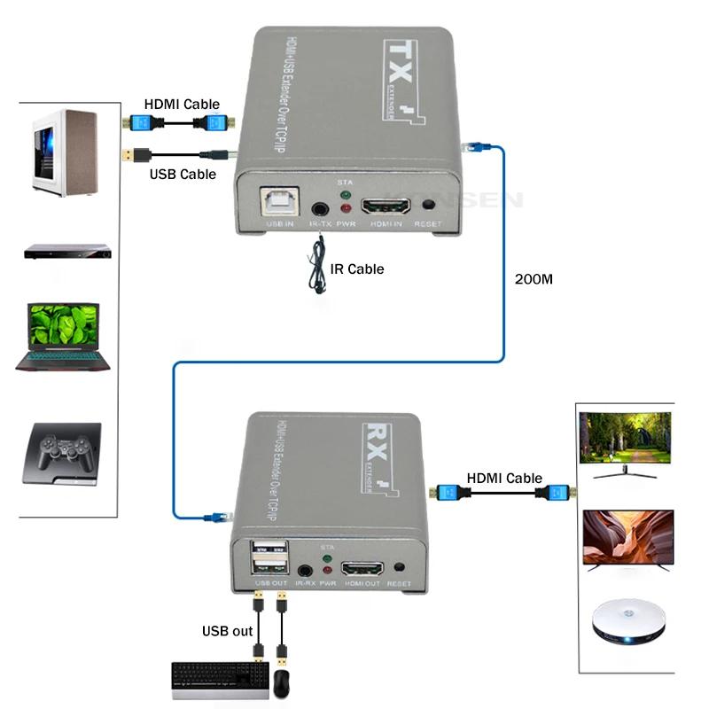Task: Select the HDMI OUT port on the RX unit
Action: pyautogui.click(x=362, y=569)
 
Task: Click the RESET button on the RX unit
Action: pyautogui.click(x=399, y=566)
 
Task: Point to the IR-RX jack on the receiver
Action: pyautogui.click(x=307, y=570)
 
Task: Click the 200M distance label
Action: pyautogui.click(x=534, y=279)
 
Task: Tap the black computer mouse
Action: pyautogui.click(x=281, y=683)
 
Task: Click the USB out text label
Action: pyautogui.click(x=227, y=632)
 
